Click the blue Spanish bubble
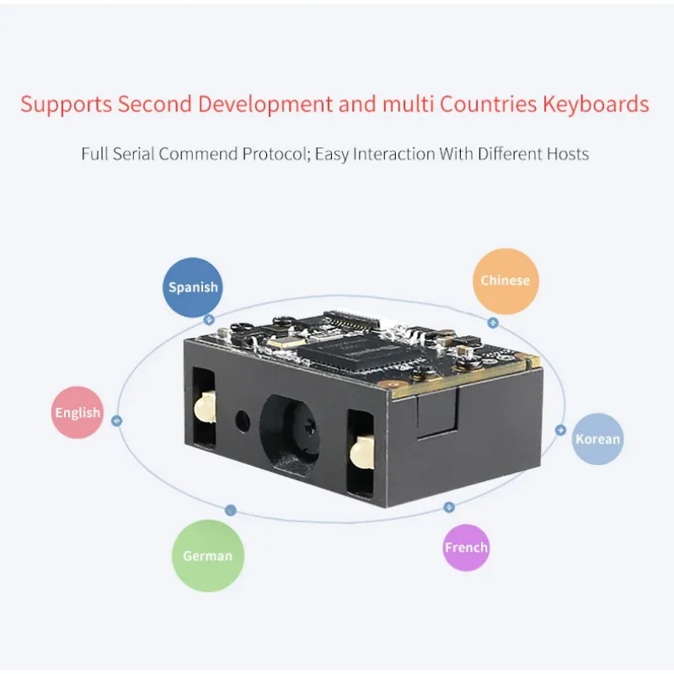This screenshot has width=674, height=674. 193,286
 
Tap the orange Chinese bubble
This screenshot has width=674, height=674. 505,280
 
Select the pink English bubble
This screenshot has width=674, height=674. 78,413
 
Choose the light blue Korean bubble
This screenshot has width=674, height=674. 597,439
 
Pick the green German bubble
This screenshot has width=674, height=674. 208,555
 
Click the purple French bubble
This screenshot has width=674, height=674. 466,548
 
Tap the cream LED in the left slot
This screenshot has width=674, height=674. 202,410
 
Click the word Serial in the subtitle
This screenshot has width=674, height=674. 131,154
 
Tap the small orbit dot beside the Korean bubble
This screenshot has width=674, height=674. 561,430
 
